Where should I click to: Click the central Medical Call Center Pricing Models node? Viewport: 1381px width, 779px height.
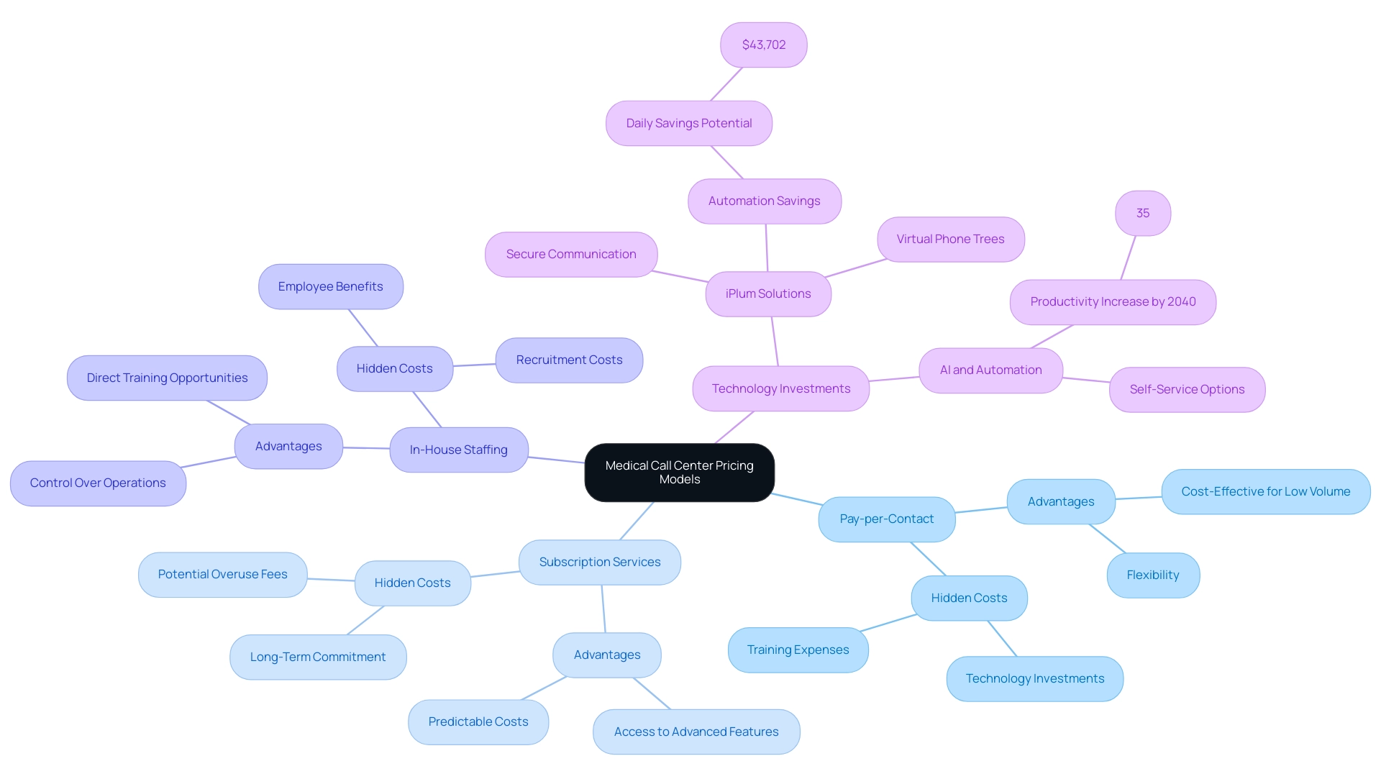[x=679, y=473]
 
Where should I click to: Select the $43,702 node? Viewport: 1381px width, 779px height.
[x=763, y=45]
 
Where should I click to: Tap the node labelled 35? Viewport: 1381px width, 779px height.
[x=1142, y=213]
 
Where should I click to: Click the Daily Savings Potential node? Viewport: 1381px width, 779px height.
[x=688, y=123]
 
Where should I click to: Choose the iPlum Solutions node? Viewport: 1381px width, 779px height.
[x=767, y=293]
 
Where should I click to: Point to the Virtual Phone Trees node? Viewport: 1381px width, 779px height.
[x=950, y=239]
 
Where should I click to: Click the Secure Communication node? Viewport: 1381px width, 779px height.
[x=570, y=254]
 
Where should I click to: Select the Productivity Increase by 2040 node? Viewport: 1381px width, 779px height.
[x=1112, y=301]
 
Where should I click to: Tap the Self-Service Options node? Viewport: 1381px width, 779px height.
[x=1186, y=389]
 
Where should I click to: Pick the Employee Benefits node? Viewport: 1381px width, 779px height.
[x=330, y=286]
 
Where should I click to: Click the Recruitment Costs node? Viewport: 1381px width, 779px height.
[x=569, y=360]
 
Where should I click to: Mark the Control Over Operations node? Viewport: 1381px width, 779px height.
[x=98, y=483]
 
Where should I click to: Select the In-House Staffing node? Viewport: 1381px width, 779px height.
[x=458, y=450]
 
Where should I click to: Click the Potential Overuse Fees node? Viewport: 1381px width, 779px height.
[x=222, y=574]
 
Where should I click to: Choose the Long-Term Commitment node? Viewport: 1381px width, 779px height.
[x=317, y=657]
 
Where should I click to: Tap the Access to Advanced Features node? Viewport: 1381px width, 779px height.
[x=696, y=732]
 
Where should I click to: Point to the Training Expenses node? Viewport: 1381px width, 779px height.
[x=798, y=650]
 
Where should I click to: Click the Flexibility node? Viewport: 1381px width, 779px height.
[x=1152, y=575]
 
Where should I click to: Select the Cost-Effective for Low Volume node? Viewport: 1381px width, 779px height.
[x=1265, y=491]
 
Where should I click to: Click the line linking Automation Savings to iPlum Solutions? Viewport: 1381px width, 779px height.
[x=767, y=247]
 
